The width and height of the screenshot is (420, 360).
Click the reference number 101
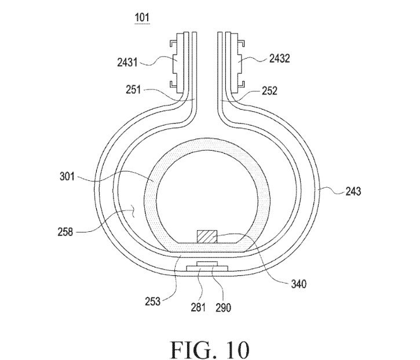click(x=142, y=18)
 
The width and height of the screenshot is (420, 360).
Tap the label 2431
click(x=127, y=62)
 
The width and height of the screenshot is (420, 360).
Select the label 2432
click(x=279, y=58)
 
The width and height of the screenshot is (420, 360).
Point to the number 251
click(x=133, y=89)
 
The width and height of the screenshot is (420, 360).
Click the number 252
click(x=269, y=91)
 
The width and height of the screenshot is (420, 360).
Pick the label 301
click(x=67, y=176)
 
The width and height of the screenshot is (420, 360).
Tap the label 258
click(x=65, y=232)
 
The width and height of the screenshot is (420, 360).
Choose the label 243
click(x=353, y=191)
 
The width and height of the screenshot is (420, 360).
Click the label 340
click(x=299, y=283)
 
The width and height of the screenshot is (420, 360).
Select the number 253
click(x=153, y=301)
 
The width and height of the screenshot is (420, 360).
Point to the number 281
click(x=198, y=307)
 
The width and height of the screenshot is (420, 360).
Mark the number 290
click(x=223, y=307)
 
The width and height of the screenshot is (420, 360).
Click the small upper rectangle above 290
click(x=207, y=264)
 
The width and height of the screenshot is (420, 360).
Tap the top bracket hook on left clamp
click(x=173, y=43)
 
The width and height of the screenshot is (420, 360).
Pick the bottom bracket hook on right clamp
click(x=241, y=84)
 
